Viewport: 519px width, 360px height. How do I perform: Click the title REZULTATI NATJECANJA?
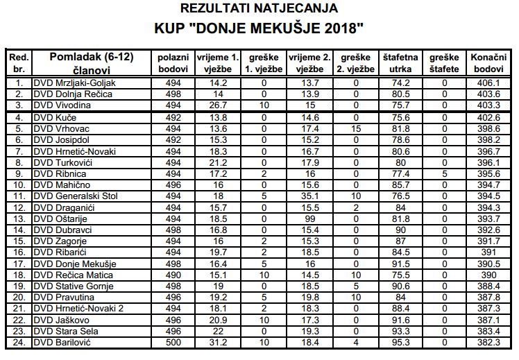pos(259,9)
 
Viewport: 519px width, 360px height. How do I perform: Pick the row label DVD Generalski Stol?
pos(76,196)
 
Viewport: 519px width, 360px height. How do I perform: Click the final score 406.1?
pos(488,83)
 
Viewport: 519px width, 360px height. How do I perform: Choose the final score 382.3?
pos(488,343)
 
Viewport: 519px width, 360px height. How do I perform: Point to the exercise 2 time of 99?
pos(309,219)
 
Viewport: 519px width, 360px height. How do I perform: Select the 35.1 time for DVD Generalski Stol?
pos(309,196)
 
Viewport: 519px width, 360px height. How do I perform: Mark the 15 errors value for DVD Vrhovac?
pos(356,128)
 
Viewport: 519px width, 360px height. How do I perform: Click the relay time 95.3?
pos(398,343)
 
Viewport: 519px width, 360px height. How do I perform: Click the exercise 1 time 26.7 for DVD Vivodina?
pos(219,106)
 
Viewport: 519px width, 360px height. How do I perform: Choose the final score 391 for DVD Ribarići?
pos(488,252)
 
